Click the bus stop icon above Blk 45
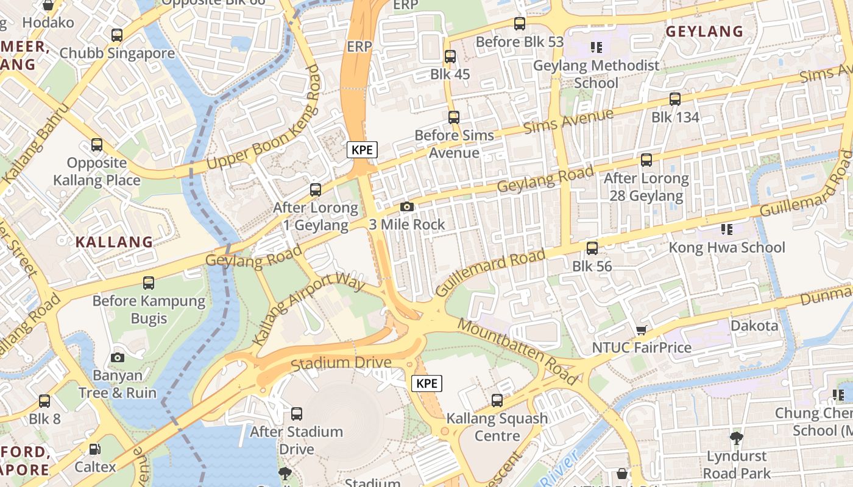[x=450, y=57]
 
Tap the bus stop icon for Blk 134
[x=674, y=99]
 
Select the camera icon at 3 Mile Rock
[x=407, y=207]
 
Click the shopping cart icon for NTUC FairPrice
[x=641, y=330]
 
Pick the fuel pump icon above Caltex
[x=95, y=450]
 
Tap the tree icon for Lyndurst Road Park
[x=736, y=438]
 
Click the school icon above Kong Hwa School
[x=726, y=229]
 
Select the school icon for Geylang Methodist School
[x=596, y=47]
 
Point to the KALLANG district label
[x=114, y=242]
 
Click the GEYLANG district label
[x=704, y=32]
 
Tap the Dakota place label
[x=754, y=326]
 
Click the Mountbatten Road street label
[x=517, y=351]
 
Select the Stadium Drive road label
[x=341, y=363]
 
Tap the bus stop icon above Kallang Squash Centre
[x=497, y=401]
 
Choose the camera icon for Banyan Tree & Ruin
[x=118, y=358]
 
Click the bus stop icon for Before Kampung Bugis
[x=149, y=283]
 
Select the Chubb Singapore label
[x=117, y=53]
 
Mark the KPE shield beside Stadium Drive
[x=426, y=383]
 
